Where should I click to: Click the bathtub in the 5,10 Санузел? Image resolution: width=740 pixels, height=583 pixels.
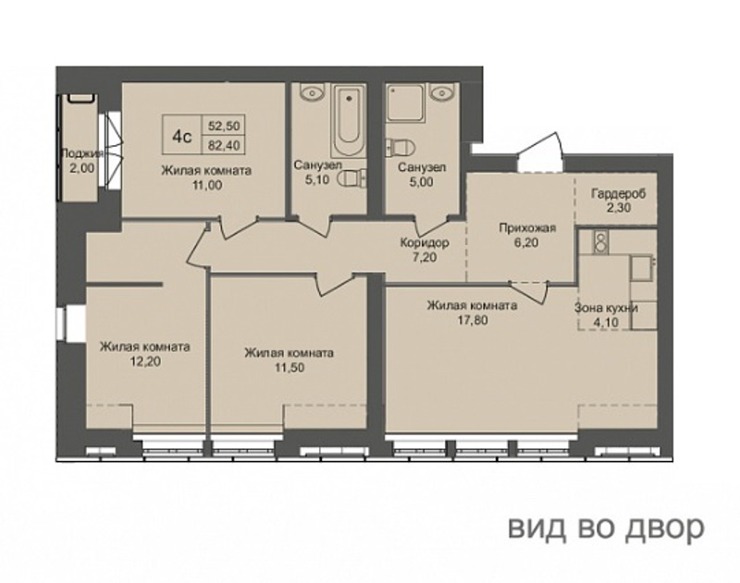click(x=349, y=120)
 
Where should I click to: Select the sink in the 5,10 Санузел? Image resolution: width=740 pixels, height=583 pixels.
click(x=311, y=91)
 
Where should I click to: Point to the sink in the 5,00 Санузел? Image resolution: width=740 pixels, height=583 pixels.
click(x=442, y=91)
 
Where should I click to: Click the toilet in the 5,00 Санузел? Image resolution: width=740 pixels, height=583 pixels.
click(x=400, y=147)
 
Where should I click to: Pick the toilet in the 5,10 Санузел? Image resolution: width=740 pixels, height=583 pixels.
click(x=352, y=178)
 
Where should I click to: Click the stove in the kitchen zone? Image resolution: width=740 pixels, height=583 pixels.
click(x=600, y=241)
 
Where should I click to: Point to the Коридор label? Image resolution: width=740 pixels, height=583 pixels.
click(x=425, y=243)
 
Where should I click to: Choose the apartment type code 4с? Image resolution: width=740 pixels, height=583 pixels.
click(x=182, y=137)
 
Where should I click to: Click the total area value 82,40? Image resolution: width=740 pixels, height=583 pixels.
click(x=224, y=145)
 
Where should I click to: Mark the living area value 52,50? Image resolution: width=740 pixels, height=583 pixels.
click(x=224, y=126)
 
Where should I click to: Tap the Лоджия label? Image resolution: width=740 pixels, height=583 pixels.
click(x=82, y=153)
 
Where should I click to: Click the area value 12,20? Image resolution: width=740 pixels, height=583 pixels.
click(x=145, y=361)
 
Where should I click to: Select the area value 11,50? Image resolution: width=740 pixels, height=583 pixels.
click(x=290, y=367)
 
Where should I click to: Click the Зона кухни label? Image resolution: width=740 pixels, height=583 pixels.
click(x=606, y=309)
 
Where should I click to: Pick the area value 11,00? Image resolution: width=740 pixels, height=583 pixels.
click(x=207, y=185)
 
